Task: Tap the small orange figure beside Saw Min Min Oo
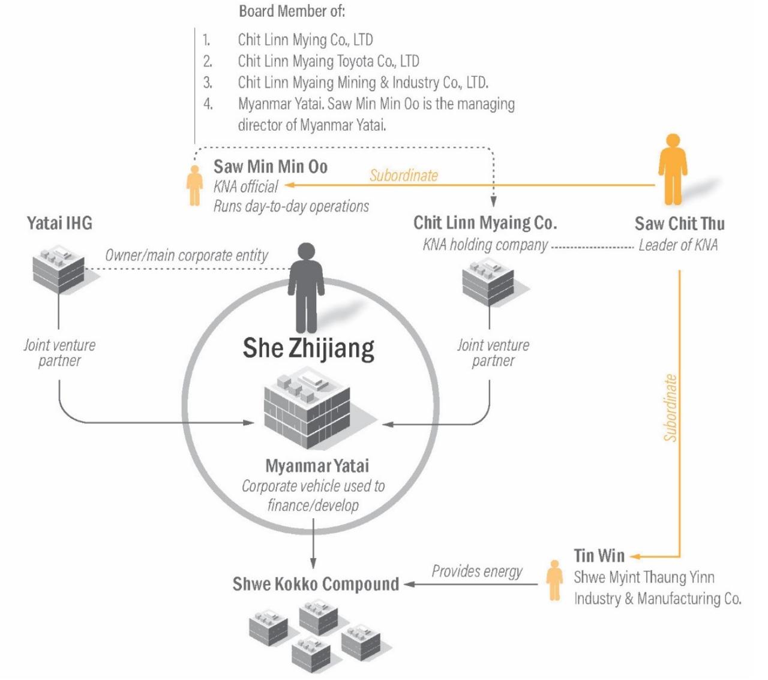(194, 185)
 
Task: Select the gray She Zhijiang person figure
(306, 287)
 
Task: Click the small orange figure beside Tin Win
(554, 580)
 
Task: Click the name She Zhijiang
(308, 348)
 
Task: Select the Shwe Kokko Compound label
(316, 584)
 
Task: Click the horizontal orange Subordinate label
(403, 175)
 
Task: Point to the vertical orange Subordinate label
(670, 408)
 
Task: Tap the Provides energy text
(477, 571)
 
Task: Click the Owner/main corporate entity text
(187, 255)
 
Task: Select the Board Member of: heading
(292, 11)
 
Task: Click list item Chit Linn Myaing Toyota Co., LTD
(328, 61)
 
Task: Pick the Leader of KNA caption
(678, 245)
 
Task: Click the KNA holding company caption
(485, 245)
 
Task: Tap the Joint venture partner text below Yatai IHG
(59, 353)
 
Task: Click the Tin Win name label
(599, 556)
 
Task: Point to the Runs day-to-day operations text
(291, 206)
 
